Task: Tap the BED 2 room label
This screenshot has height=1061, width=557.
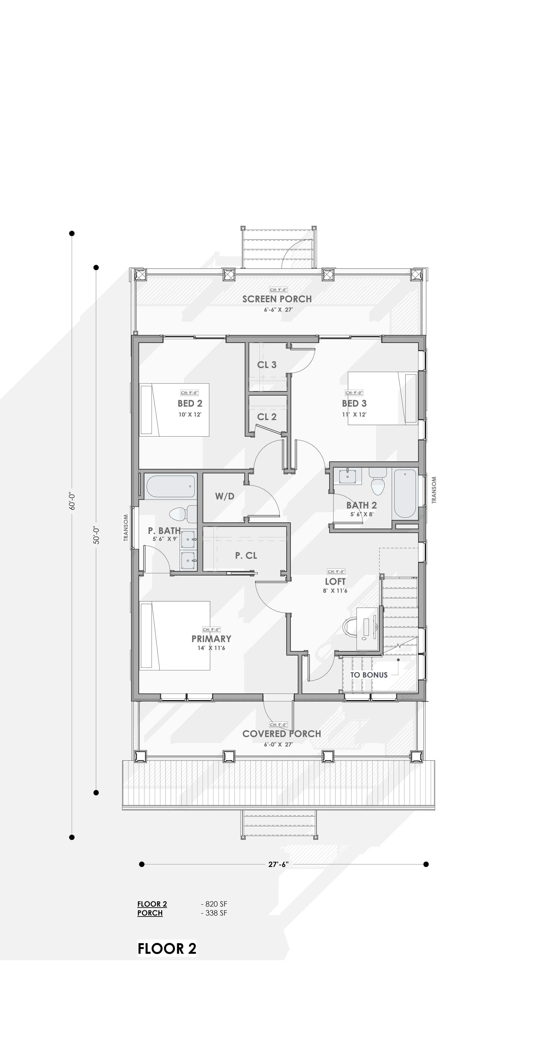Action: coord(190,403)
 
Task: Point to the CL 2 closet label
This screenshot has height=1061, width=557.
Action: coord(266,417)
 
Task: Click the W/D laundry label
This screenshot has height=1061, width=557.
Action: coord(225,496)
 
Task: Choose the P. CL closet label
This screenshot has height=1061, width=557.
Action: coord(246,556)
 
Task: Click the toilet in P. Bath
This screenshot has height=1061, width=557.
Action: coord(182,514)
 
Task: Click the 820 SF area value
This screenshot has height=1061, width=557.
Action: coord(214,904)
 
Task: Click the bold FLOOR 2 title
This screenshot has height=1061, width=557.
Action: coord(167,949)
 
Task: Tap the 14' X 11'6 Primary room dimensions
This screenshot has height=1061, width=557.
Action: coord(211,648)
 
